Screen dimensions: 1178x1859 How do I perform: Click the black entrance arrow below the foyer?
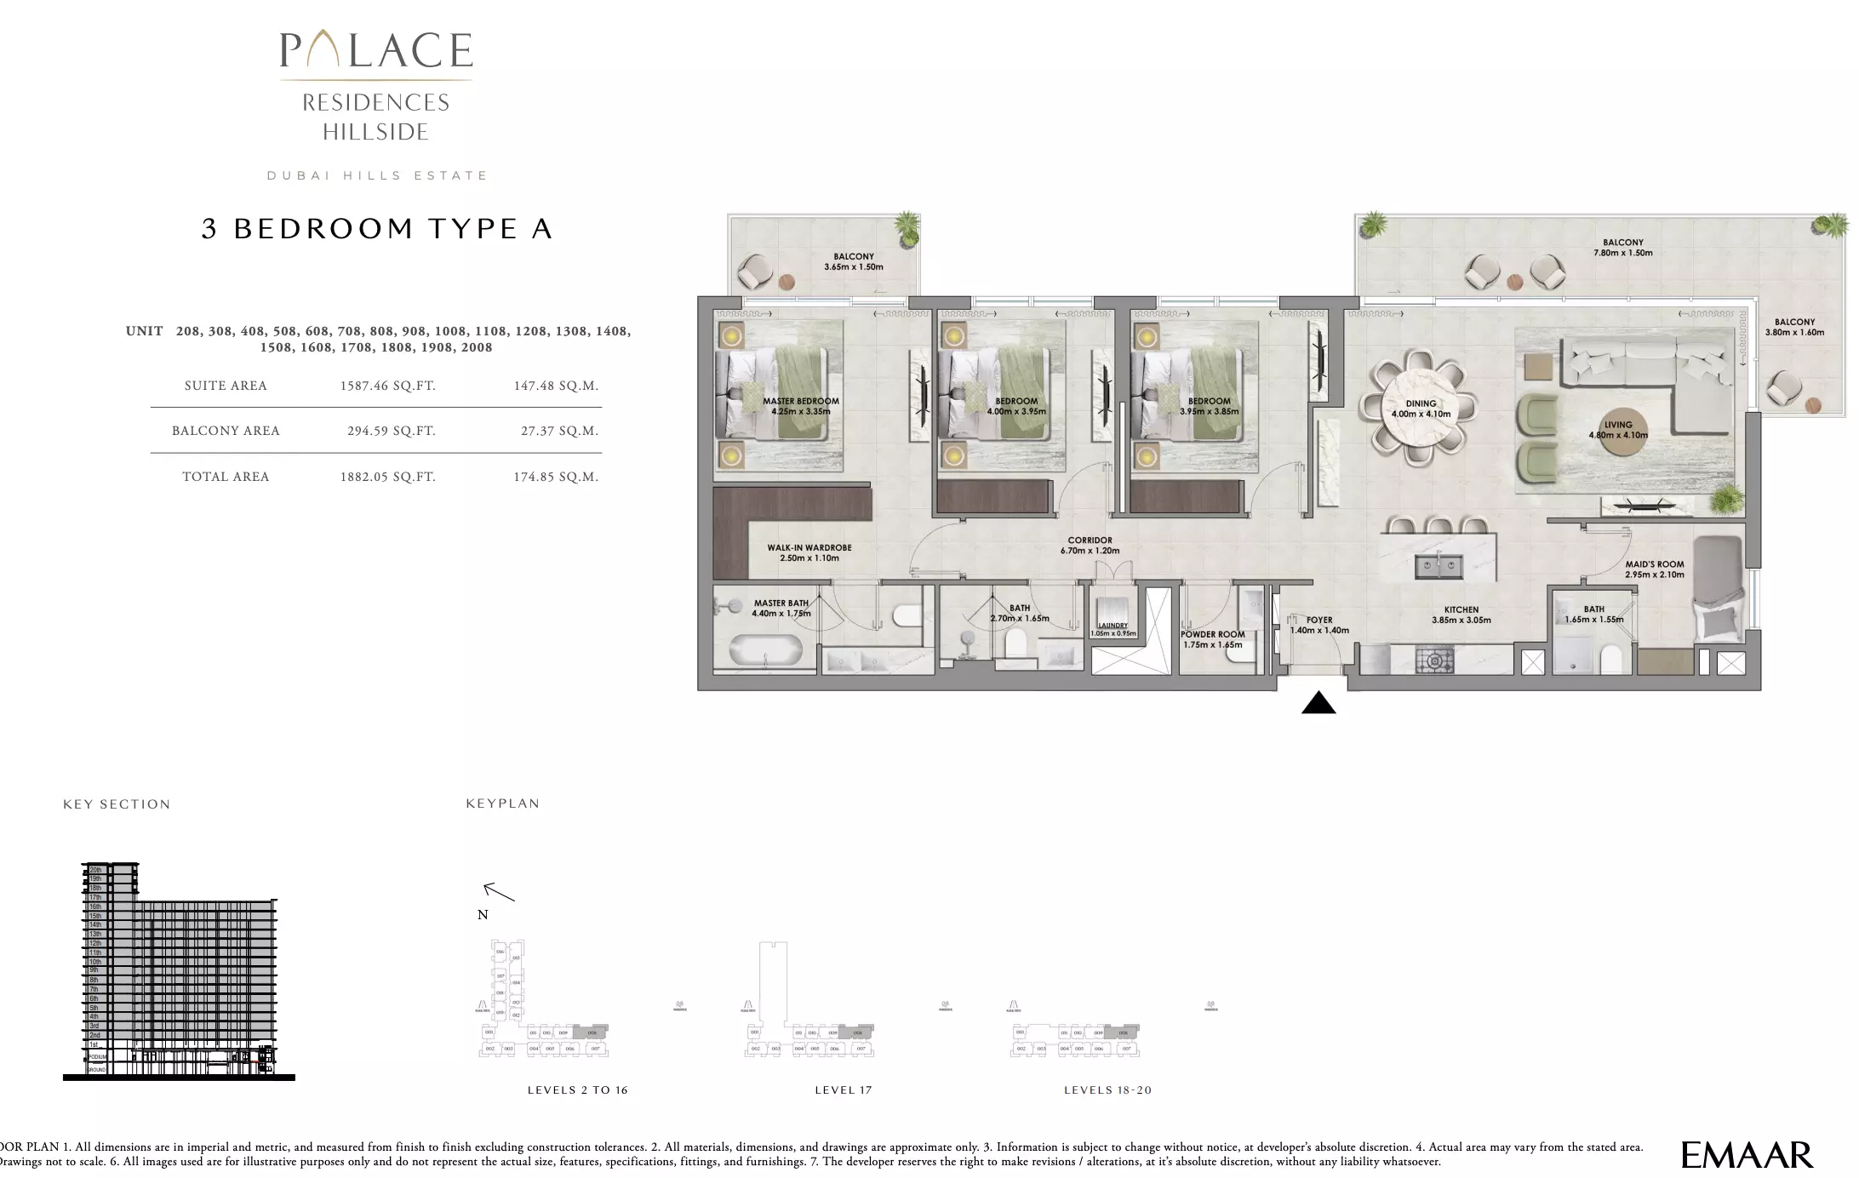1318,703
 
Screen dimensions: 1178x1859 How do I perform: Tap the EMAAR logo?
1747,1155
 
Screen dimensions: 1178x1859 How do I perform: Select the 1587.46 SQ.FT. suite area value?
387,386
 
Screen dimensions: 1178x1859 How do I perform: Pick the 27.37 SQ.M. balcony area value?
559,431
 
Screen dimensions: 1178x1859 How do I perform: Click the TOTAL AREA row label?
226,477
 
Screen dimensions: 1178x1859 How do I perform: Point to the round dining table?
1420,409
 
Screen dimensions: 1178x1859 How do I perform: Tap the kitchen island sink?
1439,564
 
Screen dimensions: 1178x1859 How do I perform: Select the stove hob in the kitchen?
1434,660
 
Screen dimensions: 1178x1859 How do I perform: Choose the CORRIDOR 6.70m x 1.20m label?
1090,545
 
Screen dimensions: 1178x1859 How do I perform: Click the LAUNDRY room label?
1113,626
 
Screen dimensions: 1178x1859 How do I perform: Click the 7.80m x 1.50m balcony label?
1622,248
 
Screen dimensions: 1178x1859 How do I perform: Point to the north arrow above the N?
499,892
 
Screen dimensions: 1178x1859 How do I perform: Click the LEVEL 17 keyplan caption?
843,1089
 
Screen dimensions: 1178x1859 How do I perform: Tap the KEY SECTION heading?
117,804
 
